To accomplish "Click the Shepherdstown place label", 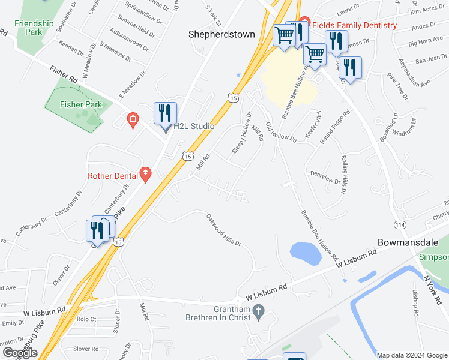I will [222, 34].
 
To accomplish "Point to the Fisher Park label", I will [80, 104].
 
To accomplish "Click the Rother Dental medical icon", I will [145, 175].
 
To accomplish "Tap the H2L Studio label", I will [194, 127].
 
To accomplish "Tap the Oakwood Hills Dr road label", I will [223, 230].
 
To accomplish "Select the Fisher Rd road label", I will [65, 79].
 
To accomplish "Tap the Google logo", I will [20, 352].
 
